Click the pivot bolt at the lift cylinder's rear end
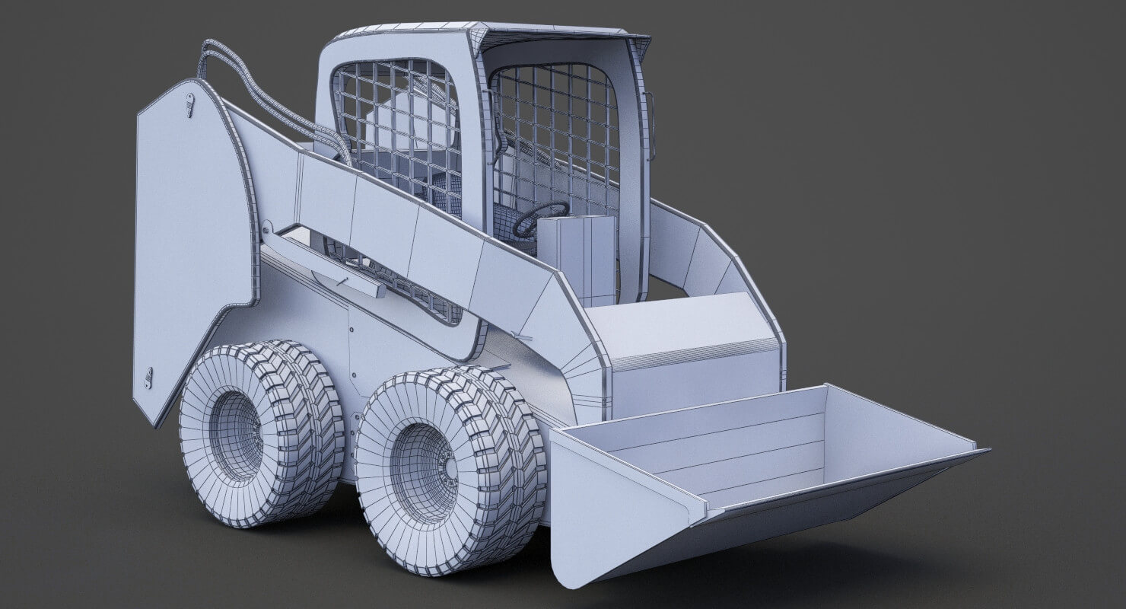[267, 228]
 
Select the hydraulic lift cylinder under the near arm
[327, 263]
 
